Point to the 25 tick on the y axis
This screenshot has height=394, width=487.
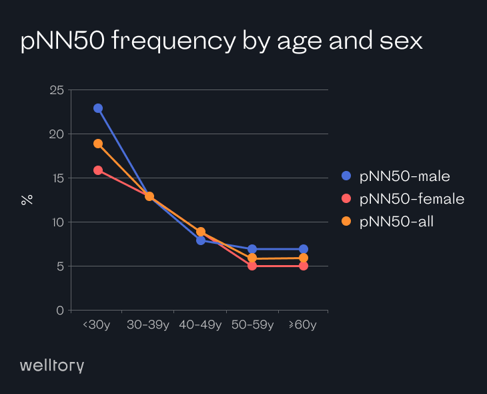[x=57, y=90]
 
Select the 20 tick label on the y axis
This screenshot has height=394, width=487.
[x=57, y=134]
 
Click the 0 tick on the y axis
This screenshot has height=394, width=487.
[x=60, y=311]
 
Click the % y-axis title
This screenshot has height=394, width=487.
[x=27, y=199]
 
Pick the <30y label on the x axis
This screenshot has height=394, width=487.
[x=97, y=325]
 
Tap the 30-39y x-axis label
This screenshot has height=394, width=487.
[x=149, y=325]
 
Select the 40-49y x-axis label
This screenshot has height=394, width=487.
[x=201, y=325]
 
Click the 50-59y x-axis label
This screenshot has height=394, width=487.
[x=252, y=325]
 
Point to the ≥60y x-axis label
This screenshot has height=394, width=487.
[x=303, y=325]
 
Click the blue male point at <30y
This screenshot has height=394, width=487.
[x=98, y=108]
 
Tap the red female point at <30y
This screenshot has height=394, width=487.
[x=98, y=170]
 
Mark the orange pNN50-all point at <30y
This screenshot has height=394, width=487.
[x=98, y=144]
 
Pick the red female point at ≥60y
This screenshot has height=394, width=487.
[x=304, y=266]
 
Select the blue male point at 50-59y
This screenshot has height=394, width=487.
[x=252, y=249]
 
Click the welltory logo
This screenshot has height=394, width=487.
[x=52, y=365]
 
